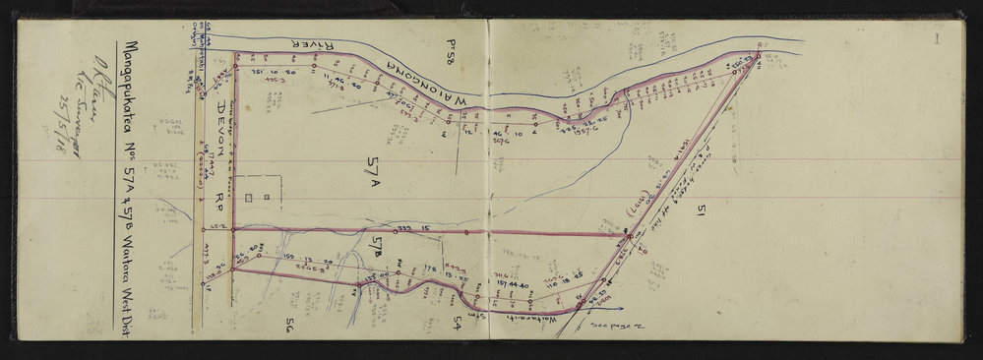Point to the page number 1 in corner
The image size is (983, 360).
point(939,40)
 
